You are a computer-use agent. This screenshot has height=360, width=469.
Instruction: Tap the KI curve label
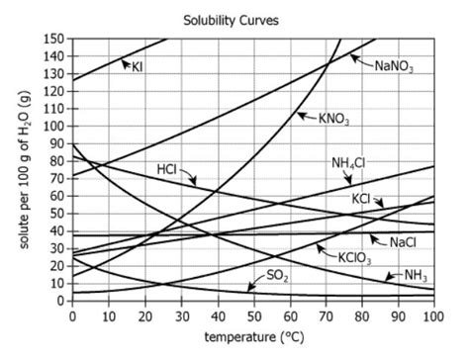point(138,66)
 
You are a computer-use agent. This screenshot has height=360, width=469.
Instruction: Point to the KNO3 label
point(333,120)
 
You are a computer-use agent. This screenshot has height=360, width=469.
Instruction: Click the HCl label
point(167,169)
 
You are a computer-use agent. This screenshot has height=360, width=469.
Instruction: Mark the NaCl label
point(403,241)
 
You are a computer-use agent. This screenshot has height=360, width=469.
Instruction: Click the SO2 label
point(277,276)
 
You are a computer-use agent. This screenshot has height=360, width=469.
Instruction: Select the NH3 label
point(415,277)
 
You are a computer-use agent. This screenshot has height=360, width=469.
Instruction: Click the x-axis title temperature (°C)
point(252,337)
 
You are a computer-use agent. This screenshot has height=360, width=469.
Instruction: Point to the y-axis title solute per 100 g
point(20,168)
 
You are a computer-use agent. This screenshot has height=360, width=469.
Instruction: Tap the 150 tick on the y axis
point(54,38)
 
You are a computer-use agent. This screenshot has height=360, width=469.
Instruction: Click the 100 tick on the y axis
point(54,125)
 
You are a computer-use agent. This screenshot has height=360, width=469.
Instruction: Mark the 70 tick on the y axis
point(57,177)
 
